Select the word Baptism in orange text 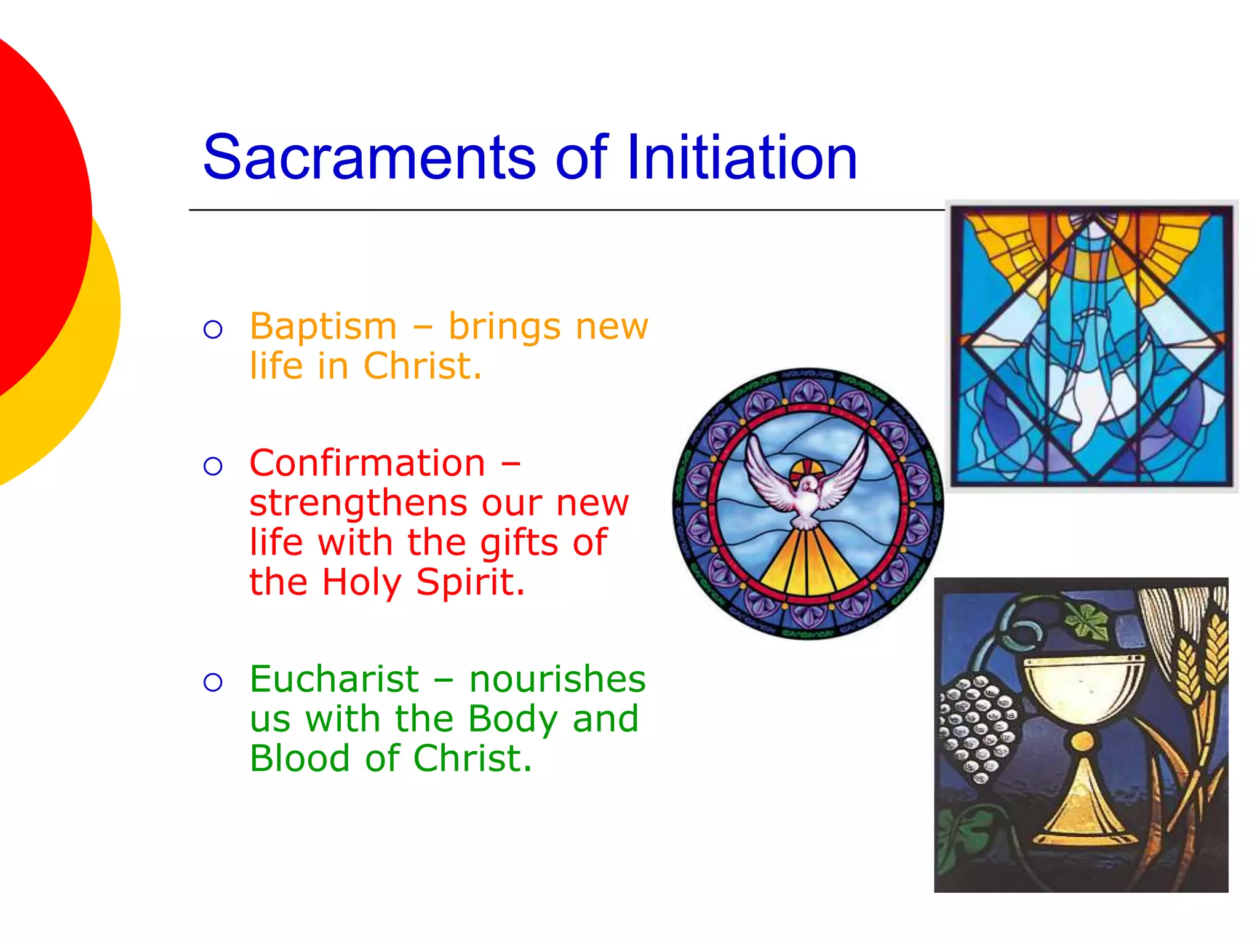pos(323,326)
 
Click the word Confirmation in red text pos(367,463)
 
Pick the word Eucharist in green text pos(334,679)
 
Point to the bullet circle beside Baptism pos(213,330)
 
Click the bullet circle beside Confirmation pos(213,466)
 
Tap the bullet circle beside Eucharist pos(213,682)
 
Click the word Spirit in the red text pos(470,582)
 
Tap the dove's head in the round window pos(808,485)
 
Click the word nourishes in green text pos(557,679)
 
